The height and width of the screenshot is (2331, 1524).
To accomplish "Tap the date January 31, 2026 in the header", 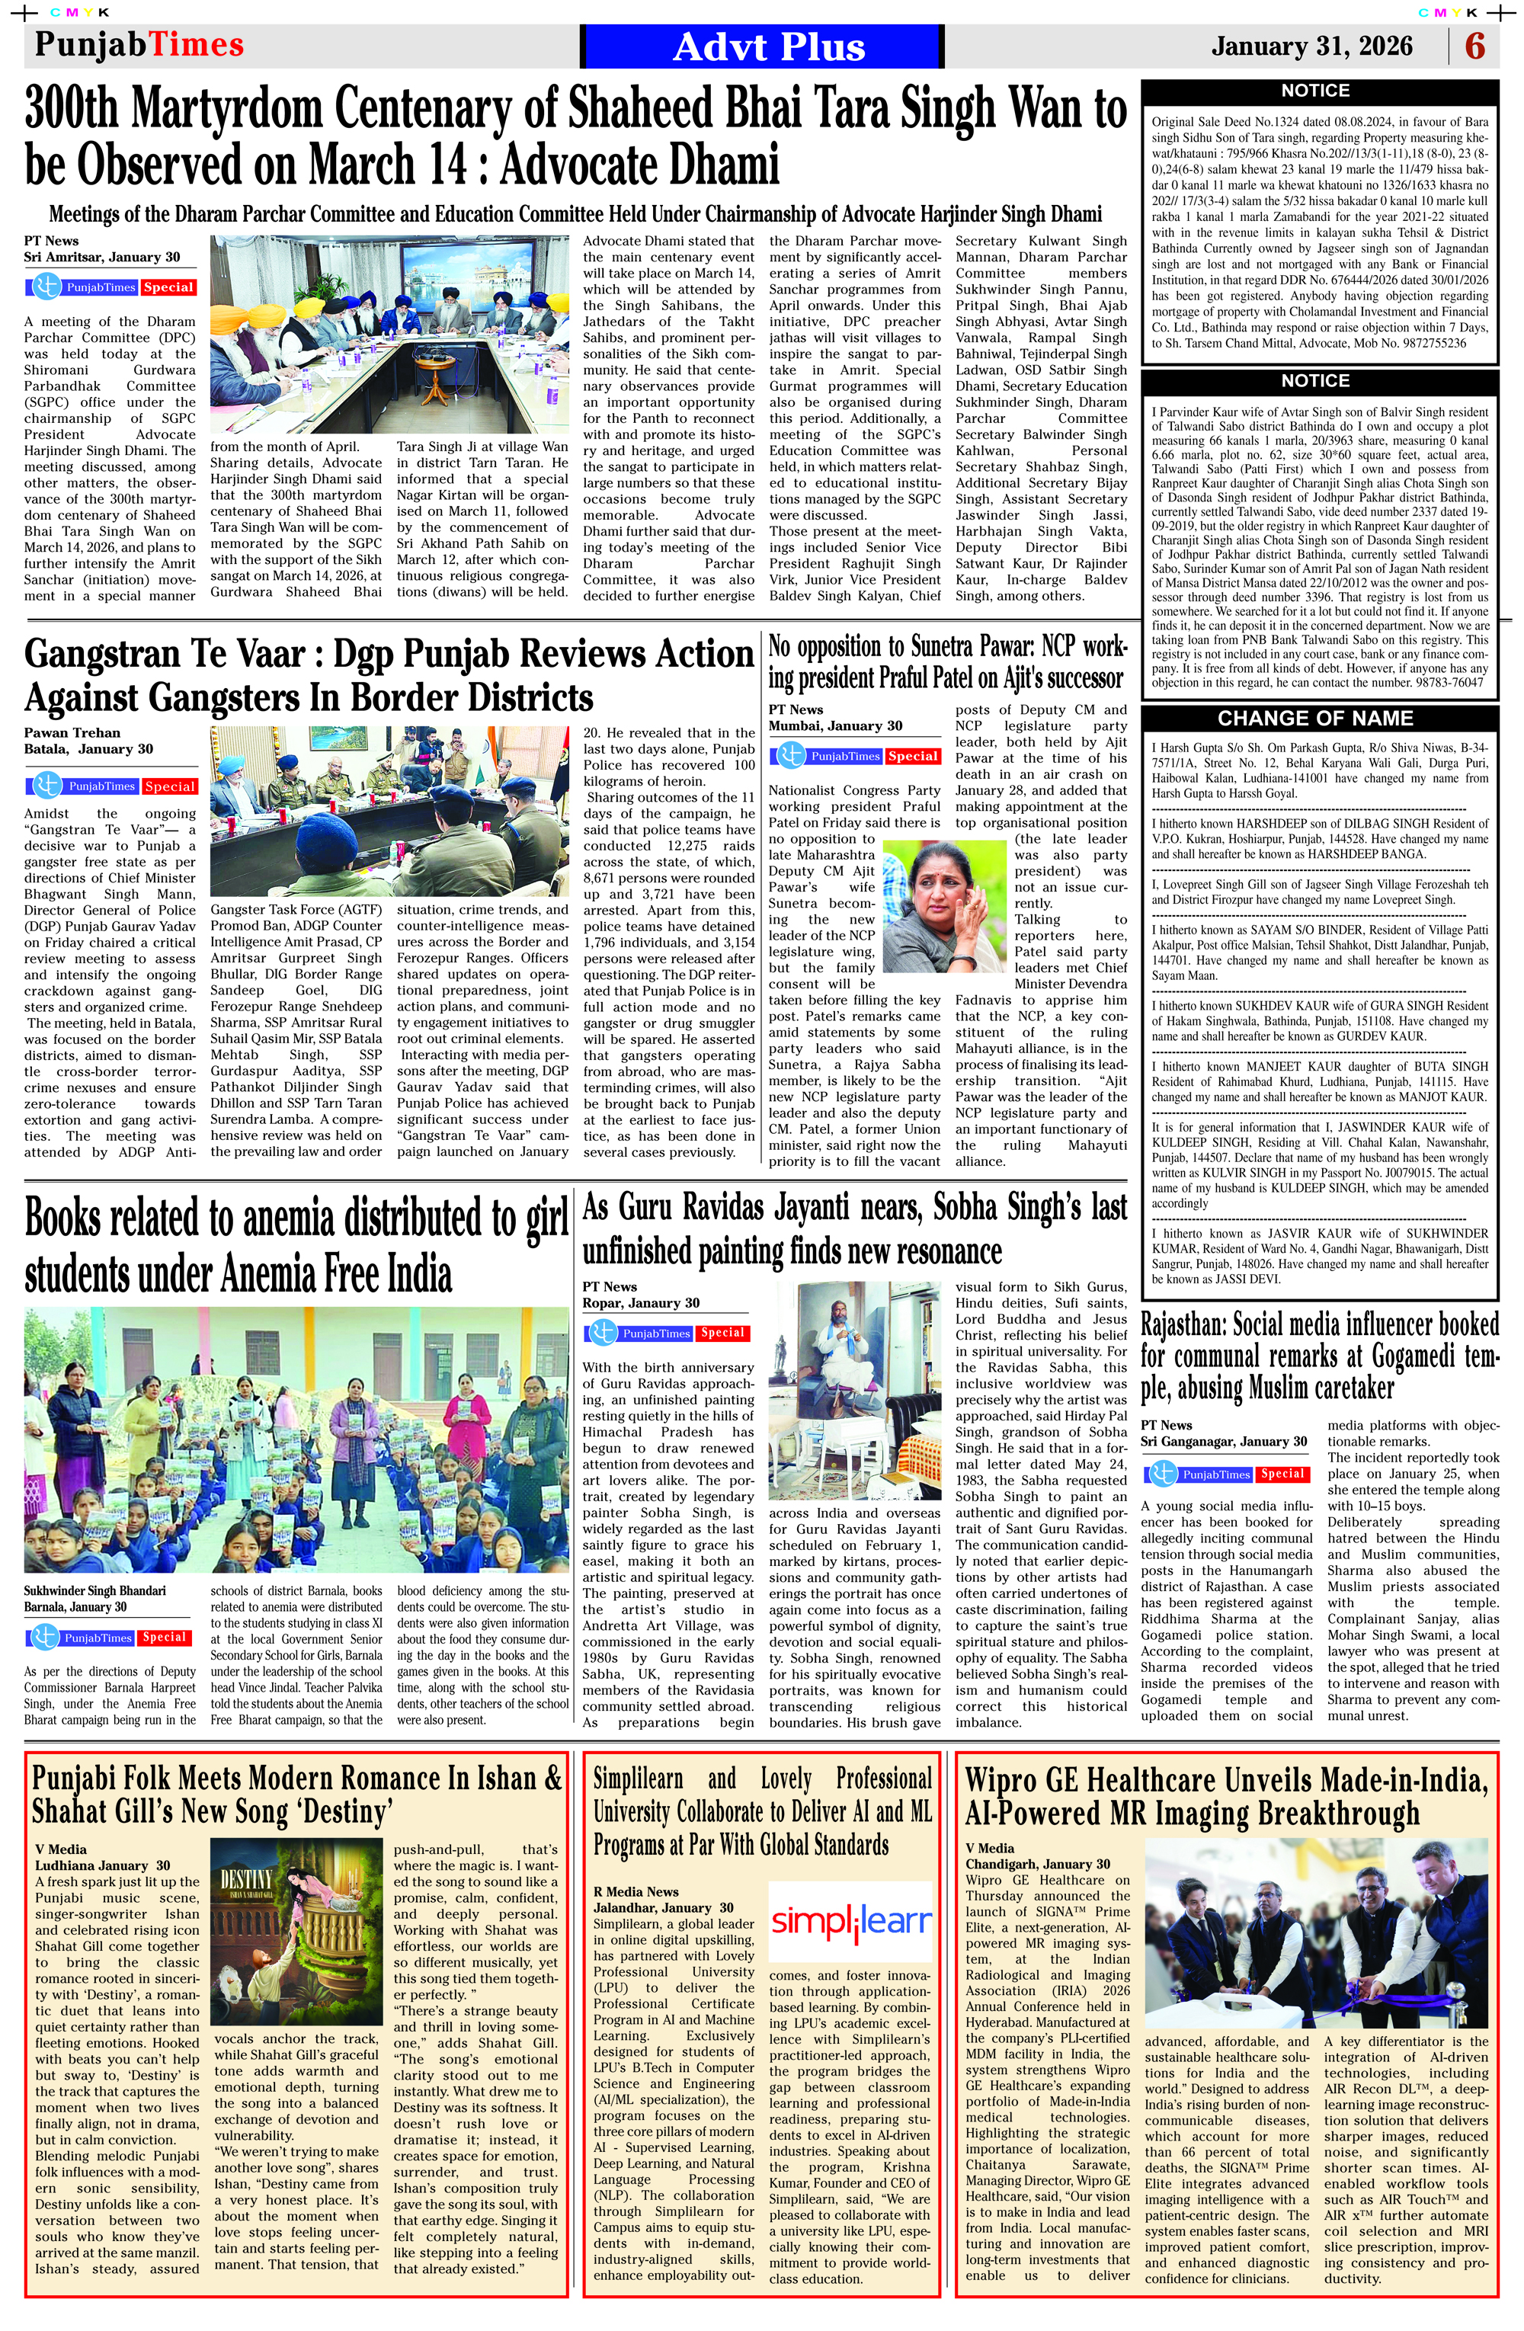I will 1311,46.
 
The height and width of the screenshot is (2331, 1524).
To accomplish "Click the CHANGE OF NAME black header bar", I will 1314,718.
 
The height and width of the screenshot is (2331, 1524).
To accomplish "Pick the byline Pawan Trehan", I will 72,732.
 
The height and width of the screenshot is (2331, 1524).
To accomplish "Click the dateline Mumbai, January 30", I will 834,725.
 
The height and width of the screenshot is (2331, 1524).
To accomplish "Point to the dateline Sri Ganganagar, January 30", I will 1223,1442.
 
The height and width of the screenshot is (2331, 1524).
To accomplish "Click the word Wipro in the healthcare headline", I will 1007,1779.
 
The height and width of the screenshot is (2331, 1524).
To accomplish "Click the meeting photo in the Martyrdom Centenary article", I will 389,335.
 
